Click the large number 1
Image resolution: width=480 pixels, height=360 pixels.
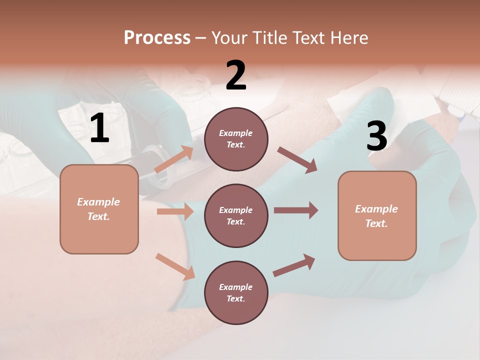99,128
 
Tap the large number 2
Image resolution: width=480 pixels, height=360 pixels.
236,75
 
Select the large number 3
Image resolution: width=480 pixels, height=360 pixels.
376,136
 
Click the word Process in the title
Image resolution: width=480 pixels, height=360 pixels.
157,37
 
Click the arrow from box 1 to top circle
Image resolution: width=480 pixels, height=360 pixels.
174,159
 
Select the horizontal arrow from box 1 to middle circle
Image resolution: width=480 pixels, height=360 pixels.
175,211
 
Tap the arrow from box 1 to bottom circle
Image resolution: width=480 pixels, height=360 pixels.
175,266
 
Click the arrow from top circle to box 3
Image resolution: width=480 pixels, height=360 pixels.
297,160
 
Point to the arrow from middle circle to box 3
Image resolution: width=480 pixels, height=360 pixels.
296,210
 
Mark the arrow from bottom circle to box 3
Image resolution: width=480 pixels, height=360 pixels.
294,265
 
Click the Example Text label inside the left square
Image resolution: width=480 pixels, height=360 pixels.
99,209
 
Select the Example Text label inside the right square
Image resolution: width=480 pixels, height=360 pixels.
376,216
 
